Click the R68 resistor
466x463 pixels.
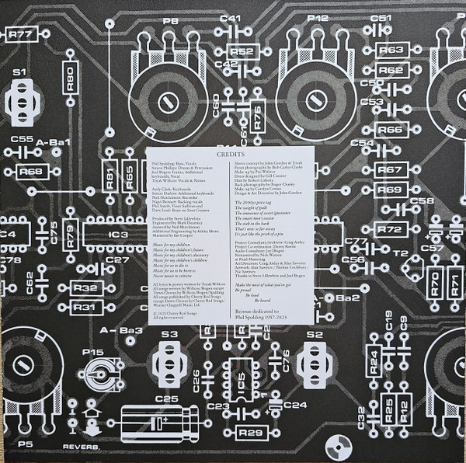[x=31, y=171]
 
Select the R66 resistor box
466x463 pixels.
[x=391, y=129]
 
